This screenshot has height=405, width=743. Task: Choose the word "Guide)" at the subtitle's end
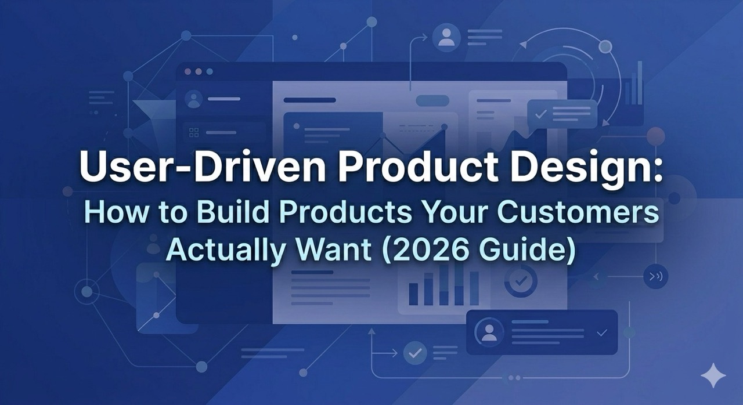531,251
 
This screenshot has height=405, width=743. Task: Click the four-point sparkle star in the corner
713,376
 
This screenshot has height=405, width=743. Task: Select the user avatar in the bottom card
489,332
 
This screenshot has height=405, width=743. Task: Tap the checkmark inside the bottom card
601,332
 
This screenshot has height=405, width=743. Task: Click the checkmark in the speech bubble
541,114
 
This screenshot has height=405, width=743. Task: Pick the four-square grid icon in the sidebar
194,132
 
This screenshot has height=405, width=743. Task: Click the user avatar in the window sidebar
194,99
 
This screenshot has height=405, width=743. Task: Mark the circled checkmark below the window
414,352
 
